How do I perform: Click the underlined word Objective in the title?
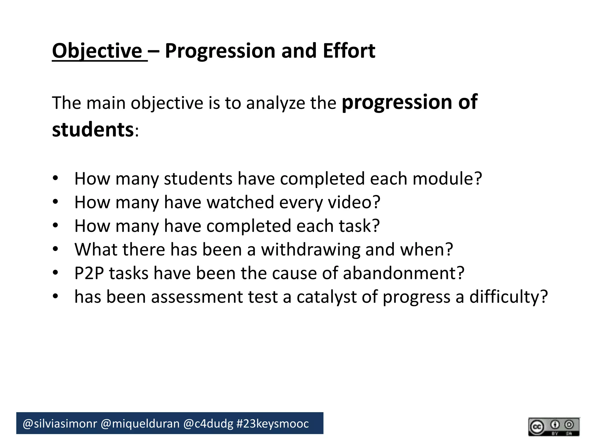coord(97,51)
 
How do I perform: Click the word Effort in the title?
coord(349,51)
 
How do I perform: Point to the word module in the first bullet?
coord(443,179)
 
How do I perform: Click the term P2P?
coord(89,273)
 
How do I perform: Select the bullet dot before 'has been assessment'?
coord(55,296)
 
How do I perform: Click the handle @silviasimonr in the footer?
coord(60,424)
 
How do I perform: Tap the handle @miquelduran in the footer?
coord(140,424)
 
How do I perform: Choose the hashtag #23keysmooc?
coord(272,424)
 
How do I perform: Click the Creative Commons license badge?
coord(553,427)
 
